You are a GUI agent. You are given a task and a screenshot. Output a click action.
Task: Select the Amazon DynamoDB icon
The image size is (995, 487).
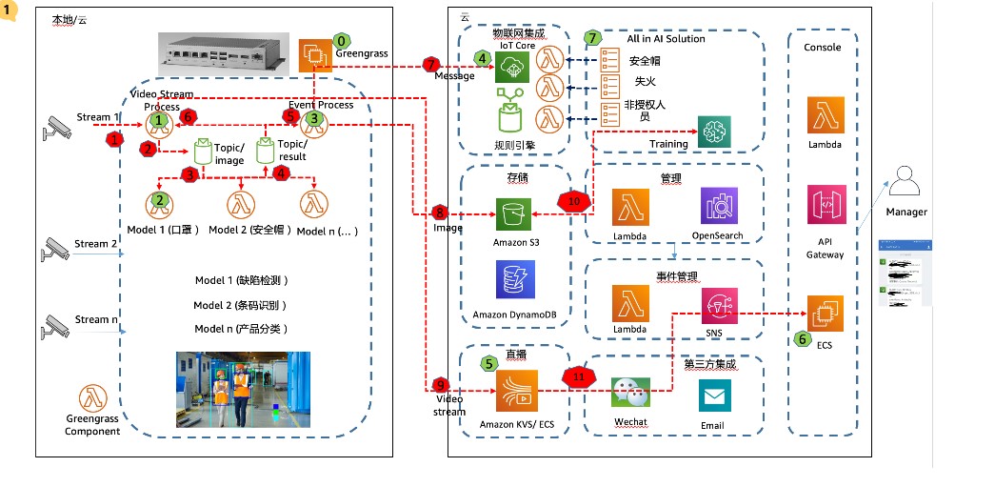coord(511,281)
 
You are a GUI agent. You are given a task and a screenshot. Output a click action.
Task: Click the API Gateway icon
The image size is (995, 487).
coord(826,205)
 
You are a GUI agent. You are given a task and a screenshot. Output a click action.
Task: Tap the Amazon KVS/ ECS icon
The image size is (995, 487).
coord(514,390)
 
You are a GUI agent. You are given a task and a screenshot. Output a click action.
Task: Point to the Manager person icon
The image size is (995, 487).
coord(905,182)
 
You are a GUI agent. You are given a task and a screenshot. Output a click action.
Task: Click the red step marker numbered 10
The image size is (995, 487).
coord(574,202)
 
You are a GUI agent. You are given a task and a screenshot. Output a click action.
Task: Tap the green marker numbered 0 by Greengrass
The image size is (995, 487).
coord(341,43)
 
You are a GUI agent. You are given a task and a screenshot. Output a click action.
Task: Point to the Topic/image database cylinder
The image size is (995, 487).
coord(203,152)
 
